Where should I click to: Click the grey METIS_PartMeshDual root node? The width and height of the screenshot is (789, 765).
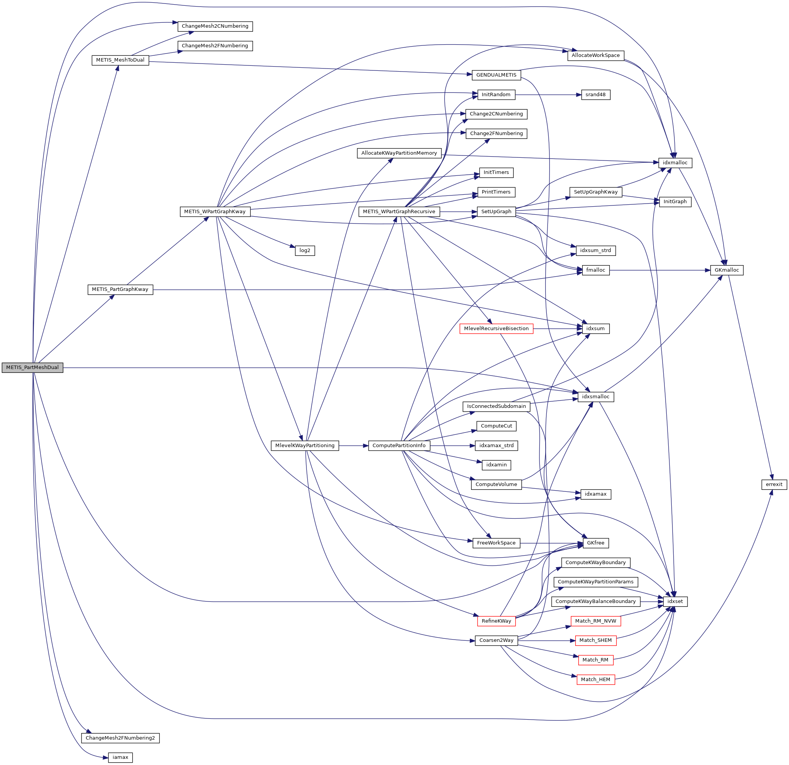click(x=32, y=367)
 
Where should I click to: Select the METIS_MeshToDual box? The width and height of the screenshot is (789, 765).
click(x=120, y=60)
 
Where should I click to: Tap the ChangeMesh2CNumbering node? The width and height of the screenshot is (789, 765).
click(x=215, y=26)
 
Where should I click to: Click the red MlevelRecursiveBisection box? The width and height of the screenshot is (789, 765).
click(x=496, y=329)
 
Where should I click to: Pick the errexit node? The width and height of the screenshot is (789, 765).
click(x=774, y=484)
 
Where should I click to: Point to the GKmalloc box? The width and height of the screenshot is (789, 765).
click(x=727, y=270)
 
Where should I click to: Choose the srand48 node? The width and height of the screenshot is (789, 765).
click(x=595, y=95)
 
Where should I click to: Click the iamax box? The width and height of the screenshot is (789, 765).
click(x=120, y=757)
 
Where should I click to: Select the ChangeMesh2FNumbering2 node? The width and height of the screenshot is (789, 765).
click(x=120, y=738)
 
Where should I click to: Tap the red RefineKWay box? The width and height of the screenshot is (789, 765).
click(x=496, y=621)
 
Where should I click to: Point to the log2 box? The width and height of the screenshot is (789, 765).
click(x=305, y=251)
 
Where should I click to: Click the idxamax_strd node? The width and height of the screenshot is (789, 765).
click(x=496, y=446)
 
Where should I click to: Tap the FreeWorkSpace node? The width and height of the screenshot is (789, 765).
click(x=496, y=543)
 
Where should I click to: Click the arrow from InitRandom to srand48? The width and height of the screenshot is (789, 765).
click(x=548, y=95)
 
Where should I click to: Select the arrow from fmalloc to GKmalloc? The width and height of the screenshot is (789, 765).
click(x=660, y=270)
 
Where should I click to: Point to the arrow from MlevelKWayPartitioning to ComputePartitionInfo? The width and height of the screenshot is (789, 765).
click(x=353, y=446)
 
